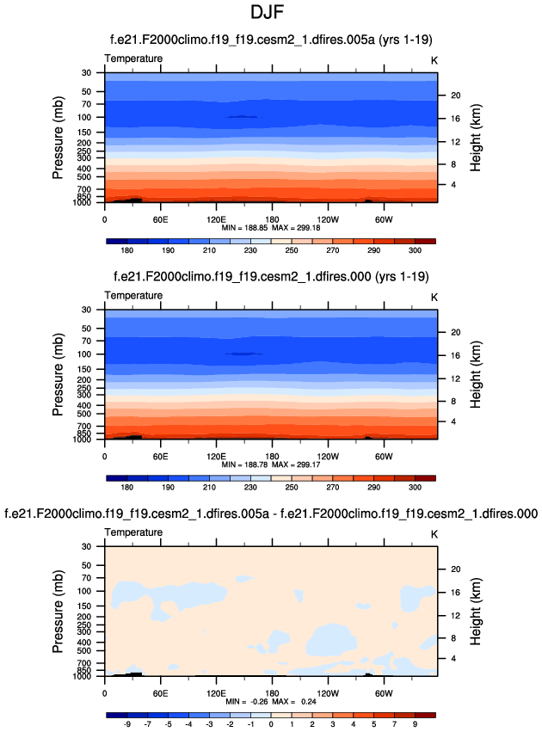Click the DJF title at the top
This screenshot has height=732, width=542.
point(271,16)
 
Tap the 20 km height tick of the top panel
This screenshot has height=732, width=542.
point(456,95)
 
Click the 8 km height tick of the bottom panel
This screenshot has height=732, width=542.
point(453,637)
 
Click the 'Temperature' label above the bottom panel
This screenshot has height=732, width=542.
point(133,532)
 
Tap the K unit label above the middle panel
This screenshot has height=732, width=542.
point(434,296)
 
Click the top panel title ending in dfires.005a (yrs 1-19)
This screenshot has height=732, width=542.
point(271,40)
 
